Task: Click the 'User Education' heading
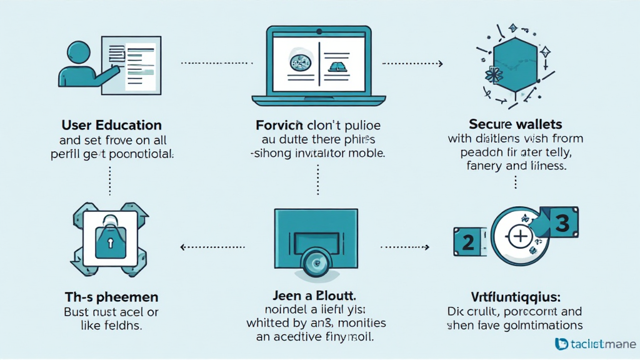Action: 111,125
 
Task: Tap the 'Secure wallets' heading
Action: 514,123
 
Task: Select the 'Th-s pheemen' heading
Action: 111,296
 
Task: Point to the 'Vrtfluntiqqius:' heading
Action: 514,296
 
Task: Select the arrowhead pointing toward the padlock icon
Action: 183,247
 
